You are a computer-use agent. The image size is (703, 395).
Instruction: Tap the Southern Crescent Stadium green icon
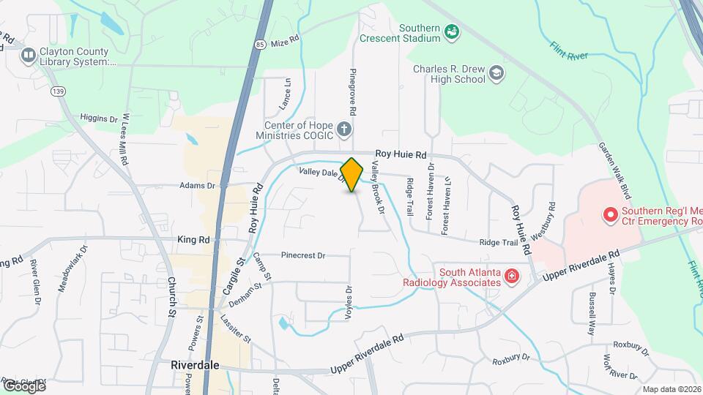(453, 31)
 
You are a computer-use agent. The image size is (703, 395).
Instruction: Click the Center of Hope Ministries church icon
(343, 130)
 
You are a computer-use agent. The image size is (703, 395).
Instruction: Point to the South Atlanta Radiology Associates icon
(512, 276)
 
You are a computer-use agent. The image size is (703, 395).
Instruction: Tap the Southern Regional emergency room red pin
(609, 215)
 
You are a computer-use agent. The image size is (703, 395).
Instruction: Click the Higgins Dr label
(99, 118)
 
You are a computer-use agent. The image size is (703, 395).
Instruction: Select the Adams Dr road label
(197, 186)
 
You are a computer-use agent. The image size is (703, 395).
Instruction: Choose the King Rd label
(193, 239)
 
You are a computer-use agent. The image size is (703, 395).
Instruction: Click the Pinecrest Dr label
(303, 255)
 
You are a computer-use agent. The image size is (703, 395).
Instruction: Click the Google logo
(24, 385)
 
